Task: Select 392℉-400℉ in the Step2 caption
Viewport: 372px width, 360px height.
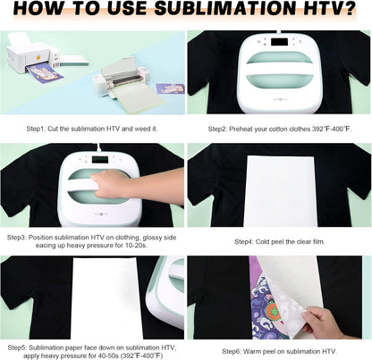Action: pyautogui.click(x=331, y=129)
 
